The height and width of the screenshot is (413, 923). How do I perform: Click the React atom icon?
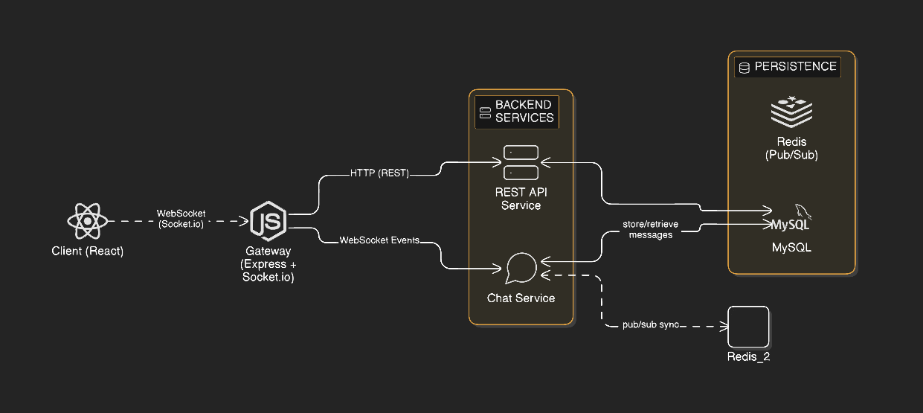[88, 221]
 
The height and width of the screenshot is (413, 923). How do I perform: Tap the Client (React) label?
[88, 251]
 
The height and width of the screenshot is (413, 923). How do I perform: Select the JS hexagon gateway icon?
[268, 221]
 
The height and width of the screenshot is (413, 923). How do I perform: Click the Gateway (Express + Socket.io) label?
[268, 264]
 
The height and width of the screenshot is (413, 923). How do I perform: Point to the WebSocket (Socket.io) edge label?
[181, 219]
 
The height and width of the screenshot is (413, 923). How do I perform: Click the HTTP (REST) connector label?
[379, 173]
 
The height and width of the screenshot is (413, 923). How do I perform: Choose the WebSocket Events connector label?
[379, 240]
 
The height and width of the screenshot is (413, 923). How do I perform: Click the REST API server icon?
[521, 162]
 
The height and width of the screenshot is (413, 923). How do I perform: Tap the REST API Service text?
[521, 198]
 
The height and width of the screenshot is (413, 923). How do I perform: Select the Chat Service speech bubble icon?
[521, 269]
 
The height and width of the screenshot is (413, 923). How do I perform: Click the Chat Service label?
[521, 298]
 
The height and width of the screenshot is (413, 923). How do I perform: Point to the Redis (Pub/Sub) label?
[791, 148]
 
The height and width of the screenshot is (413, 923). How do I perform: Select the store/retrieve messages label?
[650, 229]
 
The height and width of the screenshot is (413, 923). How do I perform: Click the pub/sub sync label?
[651, 325]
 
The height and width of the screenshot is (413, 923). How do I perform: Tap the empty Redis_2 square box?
[747, 326]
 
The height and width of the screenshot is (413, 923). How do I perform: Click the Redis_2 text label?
[747, 357]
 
